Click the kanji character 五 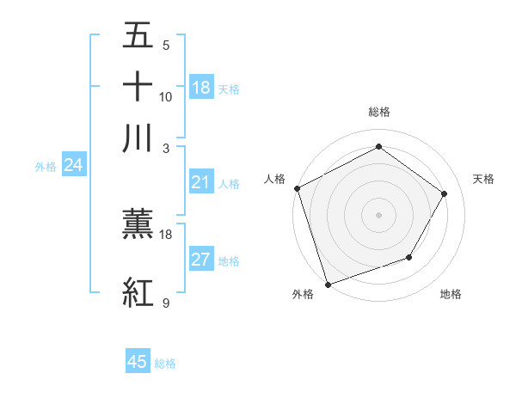(138, 37)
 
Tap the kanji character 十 (138, 88)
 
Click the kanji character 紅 (138, 292)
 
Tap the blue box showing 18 (201, 88)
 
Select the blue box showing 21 (201, 182)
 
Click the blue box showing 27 (201, 260)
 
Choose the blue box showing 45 (138, 362)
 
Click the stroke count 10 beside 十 (166, 97)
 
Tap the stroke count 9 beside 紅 (165, 303)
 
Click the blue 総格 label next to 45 (165, 364)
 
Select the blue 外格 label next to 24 (46, 167)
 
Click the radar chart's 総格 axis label (378, 112)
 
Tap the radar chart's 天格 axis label (484, 179)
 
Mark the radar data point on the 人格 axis (297, 188)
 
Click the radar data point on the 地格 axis (409, 257)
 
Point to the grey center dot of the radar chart (378, 214)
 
